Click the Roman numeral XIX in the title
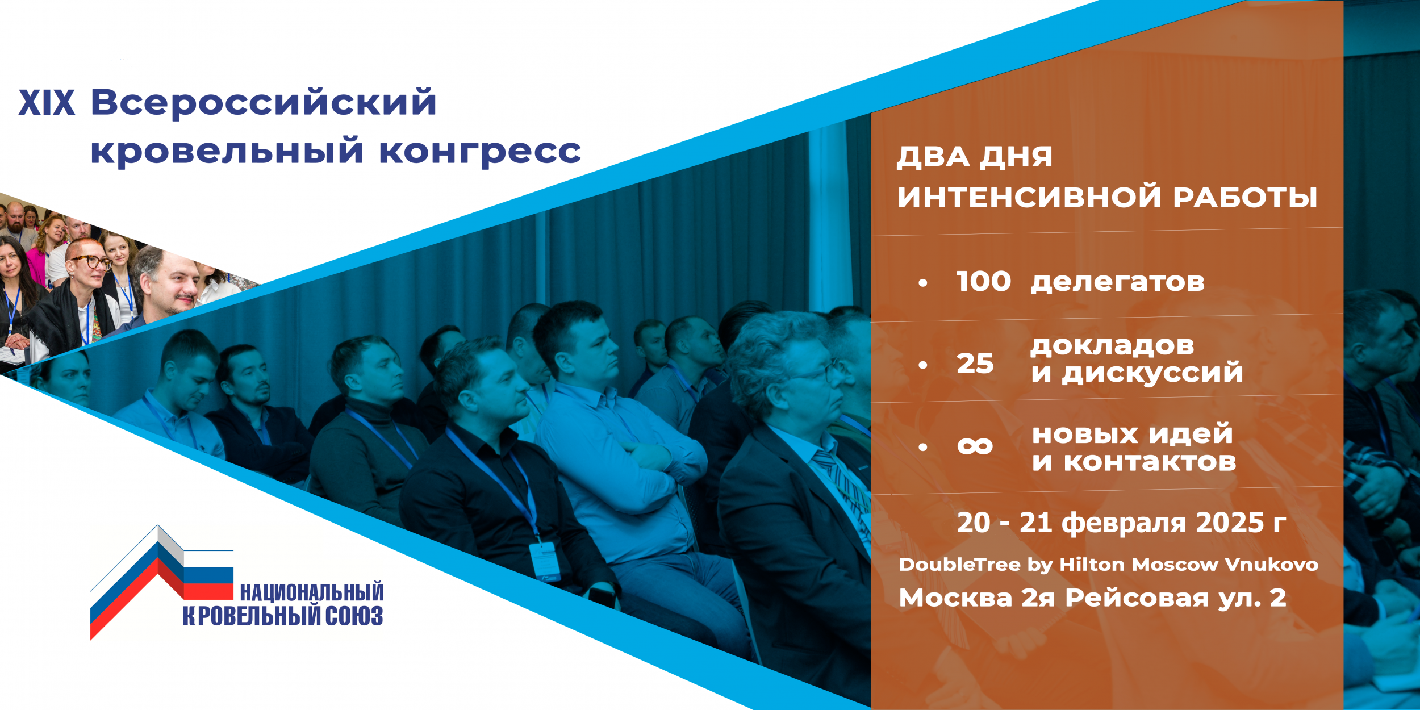tap(47, 103)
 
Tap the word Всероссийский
tap(264, 103)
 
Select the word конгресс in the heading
tap(480, 152)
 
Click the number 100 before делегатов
tap(983, 282)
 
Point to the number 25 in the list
tap(975, 364)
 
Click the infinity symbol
tap(975, 446)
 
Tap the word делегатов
tap(1117, 282)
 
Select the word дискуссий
tap(1152, 373)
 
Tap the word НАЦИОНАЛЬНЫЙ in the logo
tap(311, 592)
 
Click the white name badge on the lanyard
tap(545, 562)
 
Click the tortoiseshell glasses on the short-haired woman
tap(90, 261)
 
